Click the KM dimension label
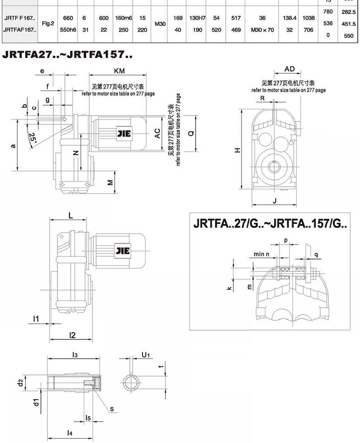119,71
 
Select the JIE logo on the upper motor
124,133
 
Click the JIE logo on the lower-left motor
123,250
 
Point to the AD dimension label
289,69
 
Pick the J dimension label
275,201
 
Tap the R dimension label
262,98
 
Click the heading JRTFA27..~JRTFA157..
67,54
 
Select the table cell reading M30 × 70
262,30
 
